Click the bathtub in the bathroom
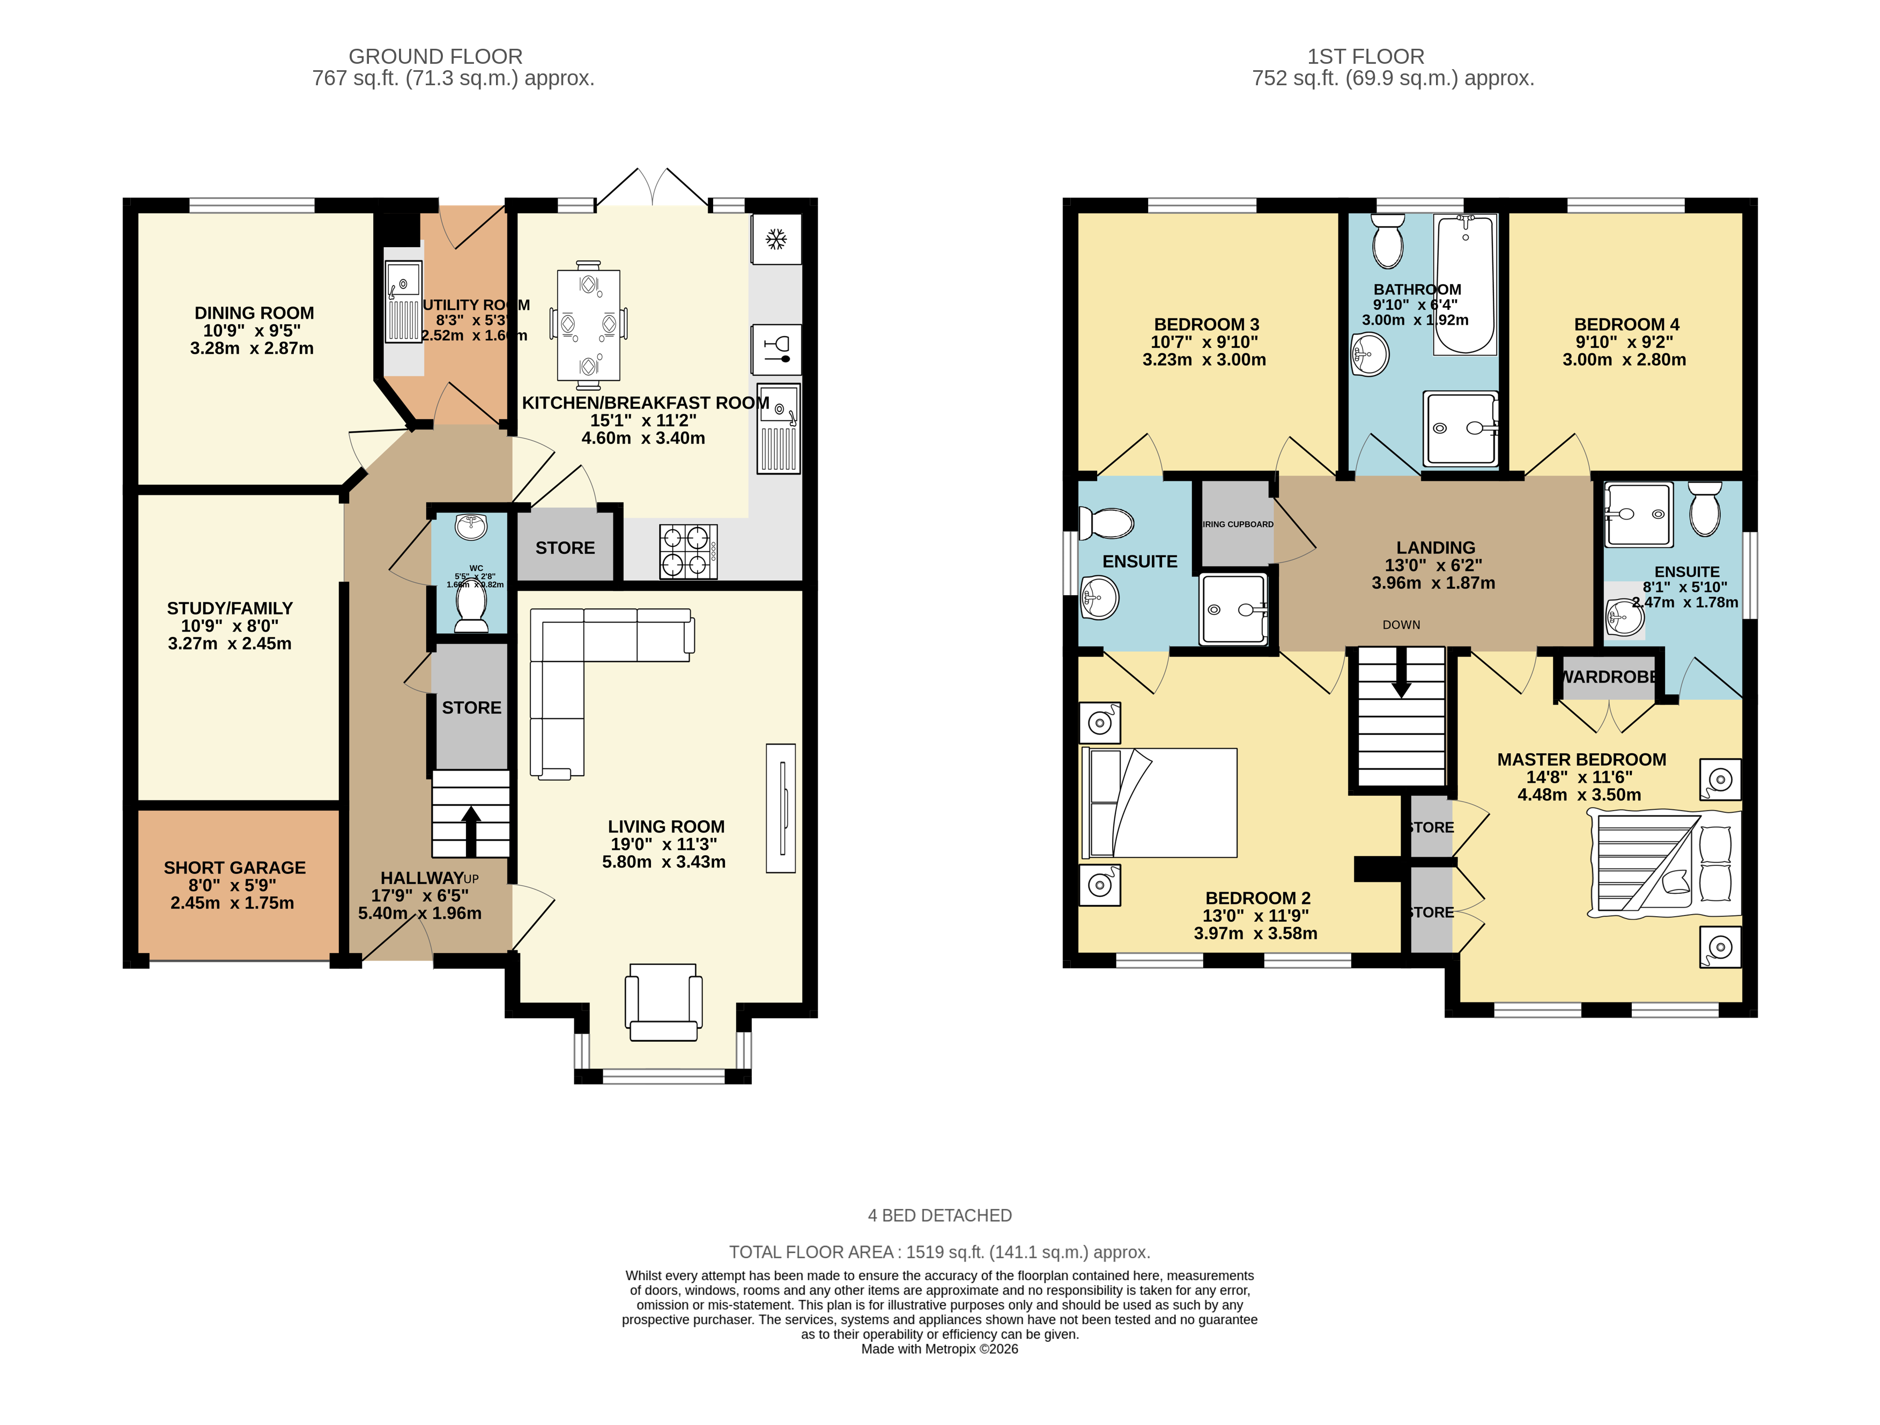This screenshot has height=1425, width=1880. pos(1465,284)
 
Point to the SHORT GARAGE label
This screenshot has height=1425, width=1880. pos(234,867)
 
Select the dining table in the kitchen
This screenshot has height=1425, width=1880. pos(588,324)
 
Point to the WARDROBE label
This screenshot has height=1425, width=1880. pos(1609,677)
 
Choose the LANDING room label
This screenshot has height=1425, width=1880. pos(1435,548)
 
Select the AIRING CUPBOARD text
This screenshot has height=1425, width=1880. pos(1238,524)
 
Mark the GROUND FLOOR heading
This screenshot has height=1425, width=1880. pos(435,57)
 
